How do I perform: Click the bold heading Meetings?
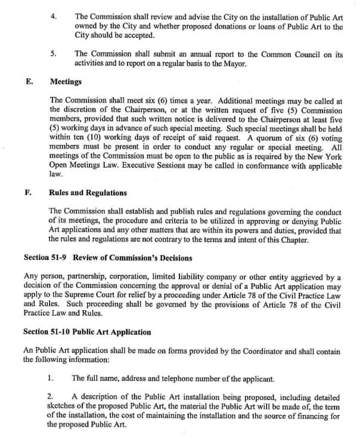[66, 81]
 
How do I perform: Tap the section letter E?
[29, 81]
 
